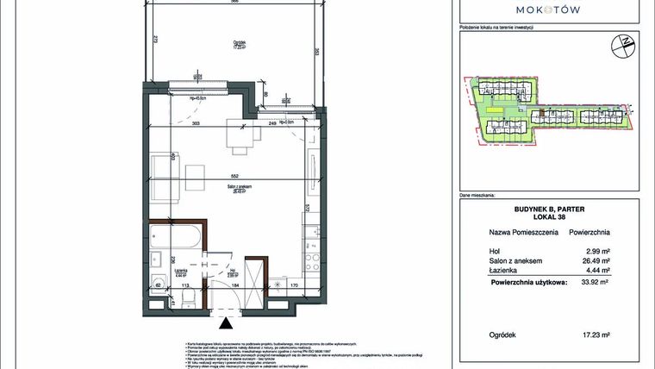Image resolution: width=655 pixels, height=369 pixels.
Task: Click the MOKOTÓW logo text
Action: click(547, 9)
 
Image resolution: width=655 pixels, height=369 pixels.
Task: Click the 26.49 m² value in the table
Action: click(594, 260)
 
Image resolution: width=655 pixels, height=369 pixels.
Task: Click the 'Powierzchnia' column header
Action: click(589, 232)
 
